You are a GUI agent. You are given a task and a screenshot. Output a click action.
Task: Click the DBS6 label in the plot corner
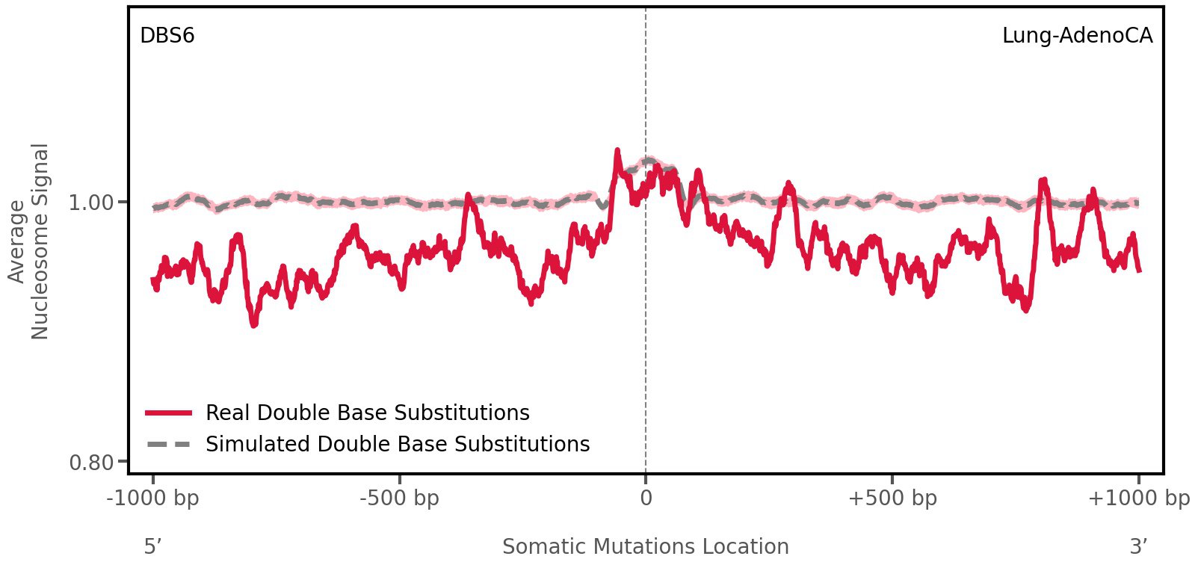coord(167,36)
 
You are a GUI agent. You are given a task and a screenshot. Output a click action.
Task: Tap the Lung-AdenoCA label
coord(1077,36)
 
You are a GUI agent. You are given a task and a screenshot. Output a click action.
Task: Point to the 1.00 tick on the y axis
coord(90,203)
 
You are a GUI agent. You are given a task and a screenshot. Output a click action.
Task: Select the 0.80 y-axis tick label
coord(91,463)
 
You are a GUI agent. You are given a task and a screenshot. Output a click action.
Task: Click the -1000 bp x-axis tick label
coord(153,498)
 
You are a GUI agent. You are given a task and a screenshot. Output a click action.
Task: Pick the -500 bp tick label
coord(399,498)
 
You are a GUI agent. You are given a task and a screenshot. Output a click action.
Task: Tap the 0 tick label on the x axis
coord(646,498)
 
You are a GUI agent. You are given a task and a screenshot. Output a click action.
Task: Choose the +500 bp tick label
coord(892,498)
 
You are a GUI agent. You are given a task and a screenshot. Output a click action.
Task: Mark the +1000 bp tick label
coord(1138,498)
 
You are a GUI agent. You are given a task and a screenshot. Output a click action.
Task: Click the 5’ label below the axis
coord(152,546)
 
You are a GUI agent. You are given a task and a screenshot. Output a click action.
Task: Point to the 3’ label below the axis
coord(1138,546)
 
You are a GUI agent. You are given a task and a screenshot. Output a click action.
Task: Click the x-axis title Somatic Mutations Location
coord(645,546)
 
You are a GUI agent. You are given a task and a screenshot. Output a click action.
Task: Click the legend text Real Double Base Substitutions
coord(367,413)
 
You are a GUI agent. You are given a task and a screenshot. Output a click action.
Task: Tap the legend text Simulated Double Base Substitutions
coord(398,444)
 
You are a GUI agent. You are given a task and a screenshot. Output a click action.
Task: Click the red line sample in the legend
coord(169,413)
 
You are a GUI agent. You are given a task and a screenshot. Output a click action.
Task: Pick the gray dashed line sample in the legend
coord(169,444)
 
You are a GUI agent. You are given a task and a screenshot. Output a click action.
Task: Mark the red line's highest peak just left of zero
coord(617,152)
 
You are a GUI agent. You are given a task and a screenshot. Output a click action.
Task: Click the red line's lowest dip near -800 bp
coord(254,324)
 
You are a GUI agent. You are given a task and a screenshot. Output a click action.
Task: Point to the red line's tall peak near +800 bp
coord(1043,180)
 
